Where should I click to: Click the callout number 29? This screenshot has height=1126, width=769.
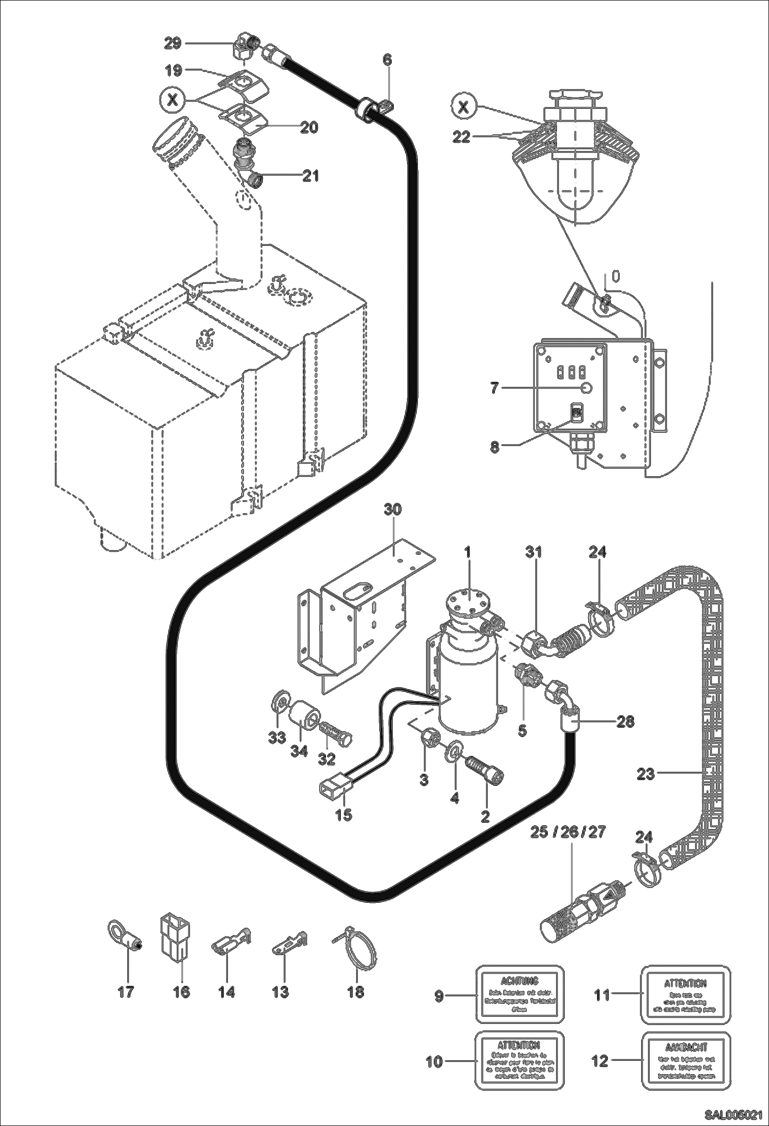[172, 44]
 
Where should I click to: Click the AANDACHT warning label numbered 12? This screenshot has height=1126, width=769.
[686, 1061]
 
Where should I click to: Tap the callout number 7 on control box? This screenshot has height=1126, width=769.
[494, 388]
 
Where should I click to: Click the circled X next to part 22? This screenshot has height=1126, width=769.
[464, 107]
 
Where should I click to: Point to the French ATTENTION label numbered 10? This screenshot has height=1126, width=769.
[520, 1061]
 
